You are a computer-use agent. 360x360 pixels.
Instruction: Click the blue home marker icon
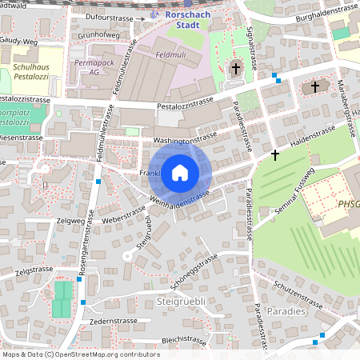coord(180,172)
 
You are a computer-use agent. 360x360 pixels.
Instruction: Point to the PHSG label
coord(349,205)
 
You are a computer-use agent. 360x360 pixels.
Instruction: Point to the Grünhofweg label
coord(98,36)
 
